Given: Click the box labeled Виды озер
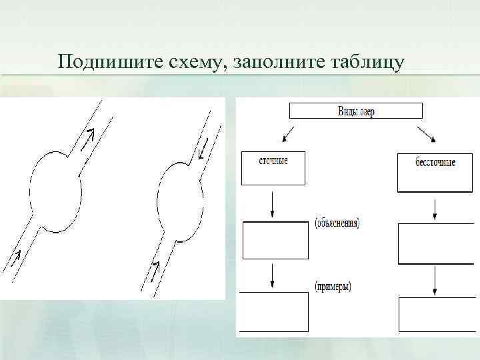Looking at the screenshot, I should pos(355,111).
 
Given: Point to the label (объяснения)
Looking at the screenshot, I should pos(337,223).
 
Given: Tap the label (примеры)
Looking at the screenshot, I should pos(333,287).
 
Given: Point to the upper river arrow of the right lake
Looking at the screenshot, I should pos(204,149).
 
